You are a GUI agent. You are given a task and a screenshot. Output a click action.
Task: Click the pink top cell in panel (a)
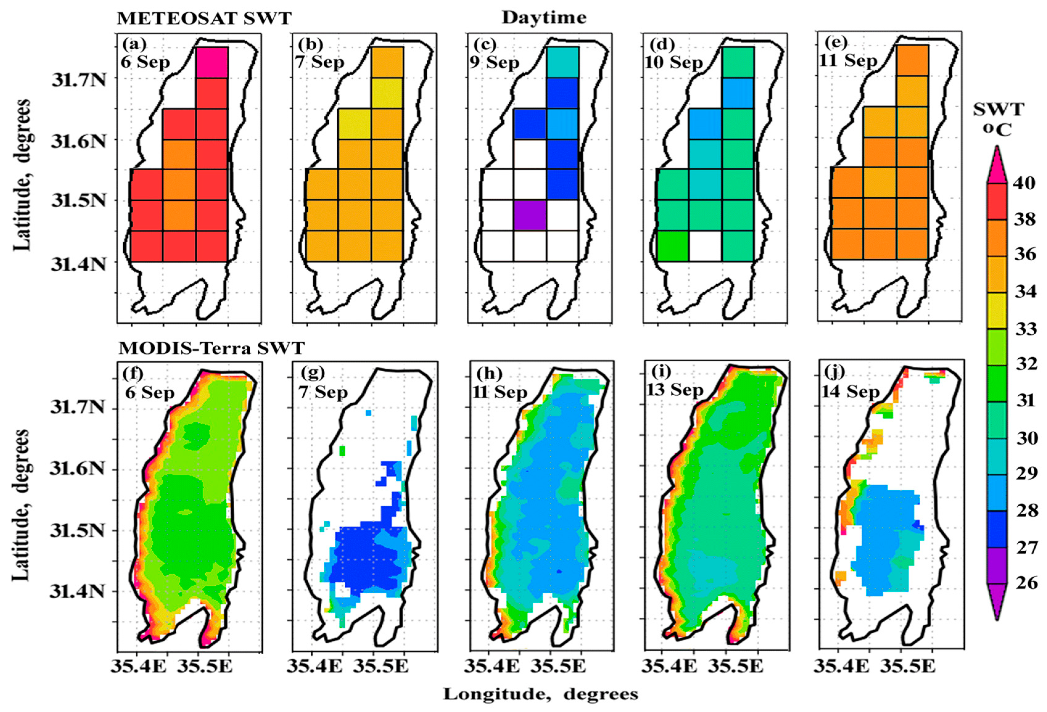point(212,62)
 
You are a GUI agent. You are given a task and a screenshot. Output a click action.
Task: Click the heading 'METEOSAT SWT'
point(204,19)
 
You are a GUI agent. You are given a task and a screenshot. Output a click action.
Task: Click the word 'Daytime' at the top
point(544,18)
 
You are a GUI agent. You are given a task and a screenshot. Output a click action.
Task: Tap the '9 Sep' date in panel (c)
point(494,62)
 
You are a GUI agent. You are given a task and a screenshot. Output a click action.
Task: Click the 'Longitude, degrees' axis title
point(541,694)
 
